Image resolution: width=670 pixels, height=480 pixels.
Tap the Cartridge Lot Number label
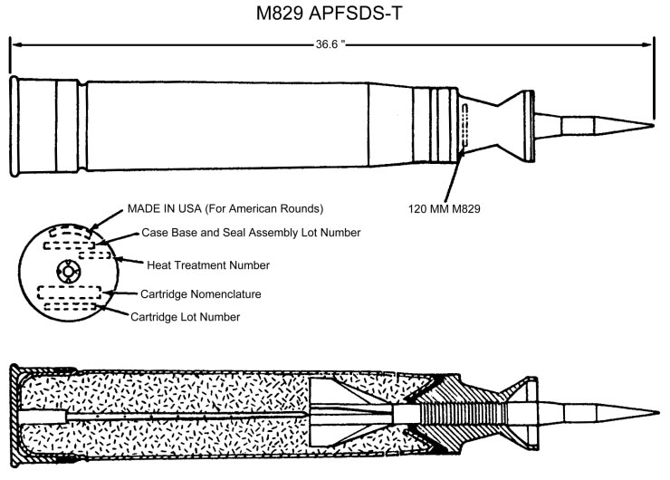point(186,317)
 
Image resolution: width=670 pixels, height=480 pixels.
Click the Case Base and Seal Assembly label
point(252,233)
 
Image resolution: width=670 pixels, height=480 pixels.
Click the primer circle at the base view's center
point(67,272)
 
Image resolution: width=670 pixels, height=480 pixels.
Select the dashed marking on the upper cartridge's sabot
point(464,127)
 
